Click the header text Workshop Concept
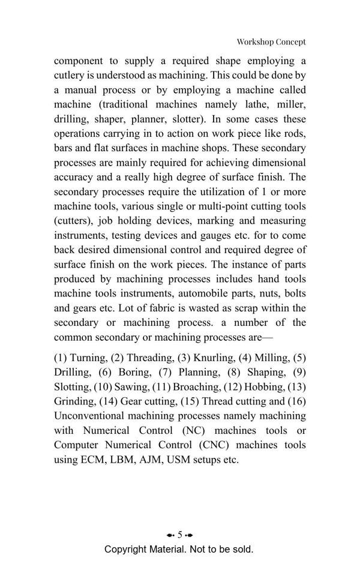pyautogui.click(x=271, y=42)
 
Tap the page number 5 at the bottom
pyautogui.click(x=179, y=535)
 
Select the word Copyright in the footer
pyautogui.click(x=126, y=550)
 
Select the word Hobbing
pyautogui.click(x=259, y=386)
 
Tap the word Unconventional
pyautogui.click(x=92, y=416)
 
